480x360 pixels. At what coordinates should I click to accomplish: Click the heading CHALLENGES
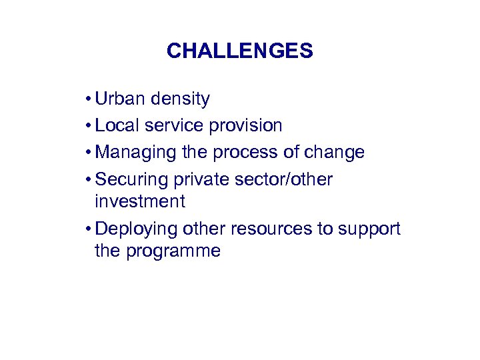point(239,51)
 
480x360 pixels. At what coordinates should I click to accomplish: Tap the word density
point(180,99)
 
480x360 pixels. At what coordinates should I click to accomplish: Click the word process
point(243,152)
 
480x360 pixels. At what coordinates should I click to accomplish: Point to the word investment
point(139,201)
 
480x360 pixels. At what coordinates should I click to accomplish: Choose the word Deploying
point(138,229)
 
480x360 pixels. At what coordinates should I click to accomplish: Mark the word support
point(369,229)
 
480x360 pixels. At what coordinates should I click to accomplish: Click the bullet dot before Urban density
point(88,100)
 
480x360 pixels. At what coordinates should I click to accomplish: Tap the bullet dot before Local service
point(88,126)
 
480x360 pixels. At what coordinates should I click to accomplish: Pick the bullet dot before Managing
point(88,153)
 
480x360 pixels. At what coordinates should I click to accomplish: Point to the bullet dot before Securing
point(88,179)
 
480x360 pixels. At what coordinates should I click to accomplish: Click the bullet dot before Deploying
point(88,229)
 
